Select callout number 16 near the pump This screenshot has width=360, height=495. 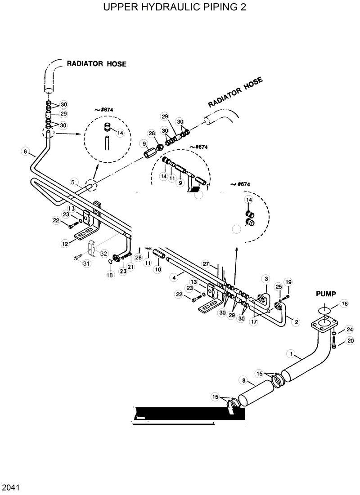[x=344, y=303]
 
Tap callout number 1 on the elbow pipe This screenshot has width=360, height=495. [x=292, y=354]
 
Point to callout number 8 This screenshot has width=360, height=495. [x=243, y=381]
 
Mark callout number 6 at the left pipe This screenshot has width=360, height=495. [x=25, y=151]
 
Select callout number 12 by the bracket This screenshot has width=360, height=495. [x=65, y=243]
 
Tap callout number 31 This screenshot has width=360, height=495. [x=86, y=263]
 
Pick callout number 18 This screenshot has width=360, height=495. [x=110, y=275]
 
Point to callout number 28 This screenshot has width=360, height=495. [x=151, y=134]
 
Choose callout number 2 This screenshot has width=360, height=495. [x=296, y=321]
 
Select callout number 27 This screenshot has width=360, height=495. [x=206, y=263]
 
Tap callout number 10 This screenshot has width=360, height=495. [x=157, y=269]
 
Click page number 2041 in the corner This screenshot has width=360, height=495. [x=9, y=487]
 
